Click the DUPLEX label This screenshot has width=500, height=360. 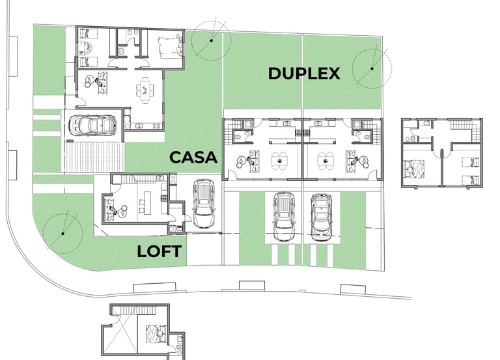pos(304,74)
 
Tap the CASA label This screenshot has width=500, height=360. pos(193,157)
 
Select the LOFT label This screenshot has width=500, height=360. pos(160,251)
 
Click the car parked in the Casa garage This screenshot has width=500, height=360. pos(93,125)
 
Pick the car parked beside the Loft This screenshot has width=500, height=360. pos(204,204)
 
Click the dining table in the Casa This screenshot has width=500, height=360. pos(145,90)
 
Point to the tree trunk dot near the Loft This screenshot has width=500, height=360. pos(62,234)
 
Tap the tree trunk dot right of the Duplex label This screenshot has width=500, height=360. pos(372,68)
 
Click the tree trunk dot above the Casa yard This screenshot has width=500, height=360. pos(211,40)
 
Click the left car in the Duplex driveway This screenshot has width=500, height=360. pos(285,217)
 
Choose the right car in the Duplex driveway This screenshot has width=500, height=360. pos(322,217)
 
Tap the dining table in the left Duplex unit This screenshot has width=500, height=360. pos(280,161)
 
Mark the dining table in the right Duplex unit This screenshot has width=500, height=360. pos(326,161)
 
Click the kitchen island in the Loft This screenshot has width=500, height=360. pos(147,202)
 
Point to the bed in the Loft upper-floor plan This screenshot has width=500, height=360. pos(156,334)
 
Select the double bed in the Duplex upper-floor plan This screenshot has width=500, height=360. pos(415,169)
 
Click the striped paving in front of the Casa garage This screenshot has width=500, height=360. pos(94,157)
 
